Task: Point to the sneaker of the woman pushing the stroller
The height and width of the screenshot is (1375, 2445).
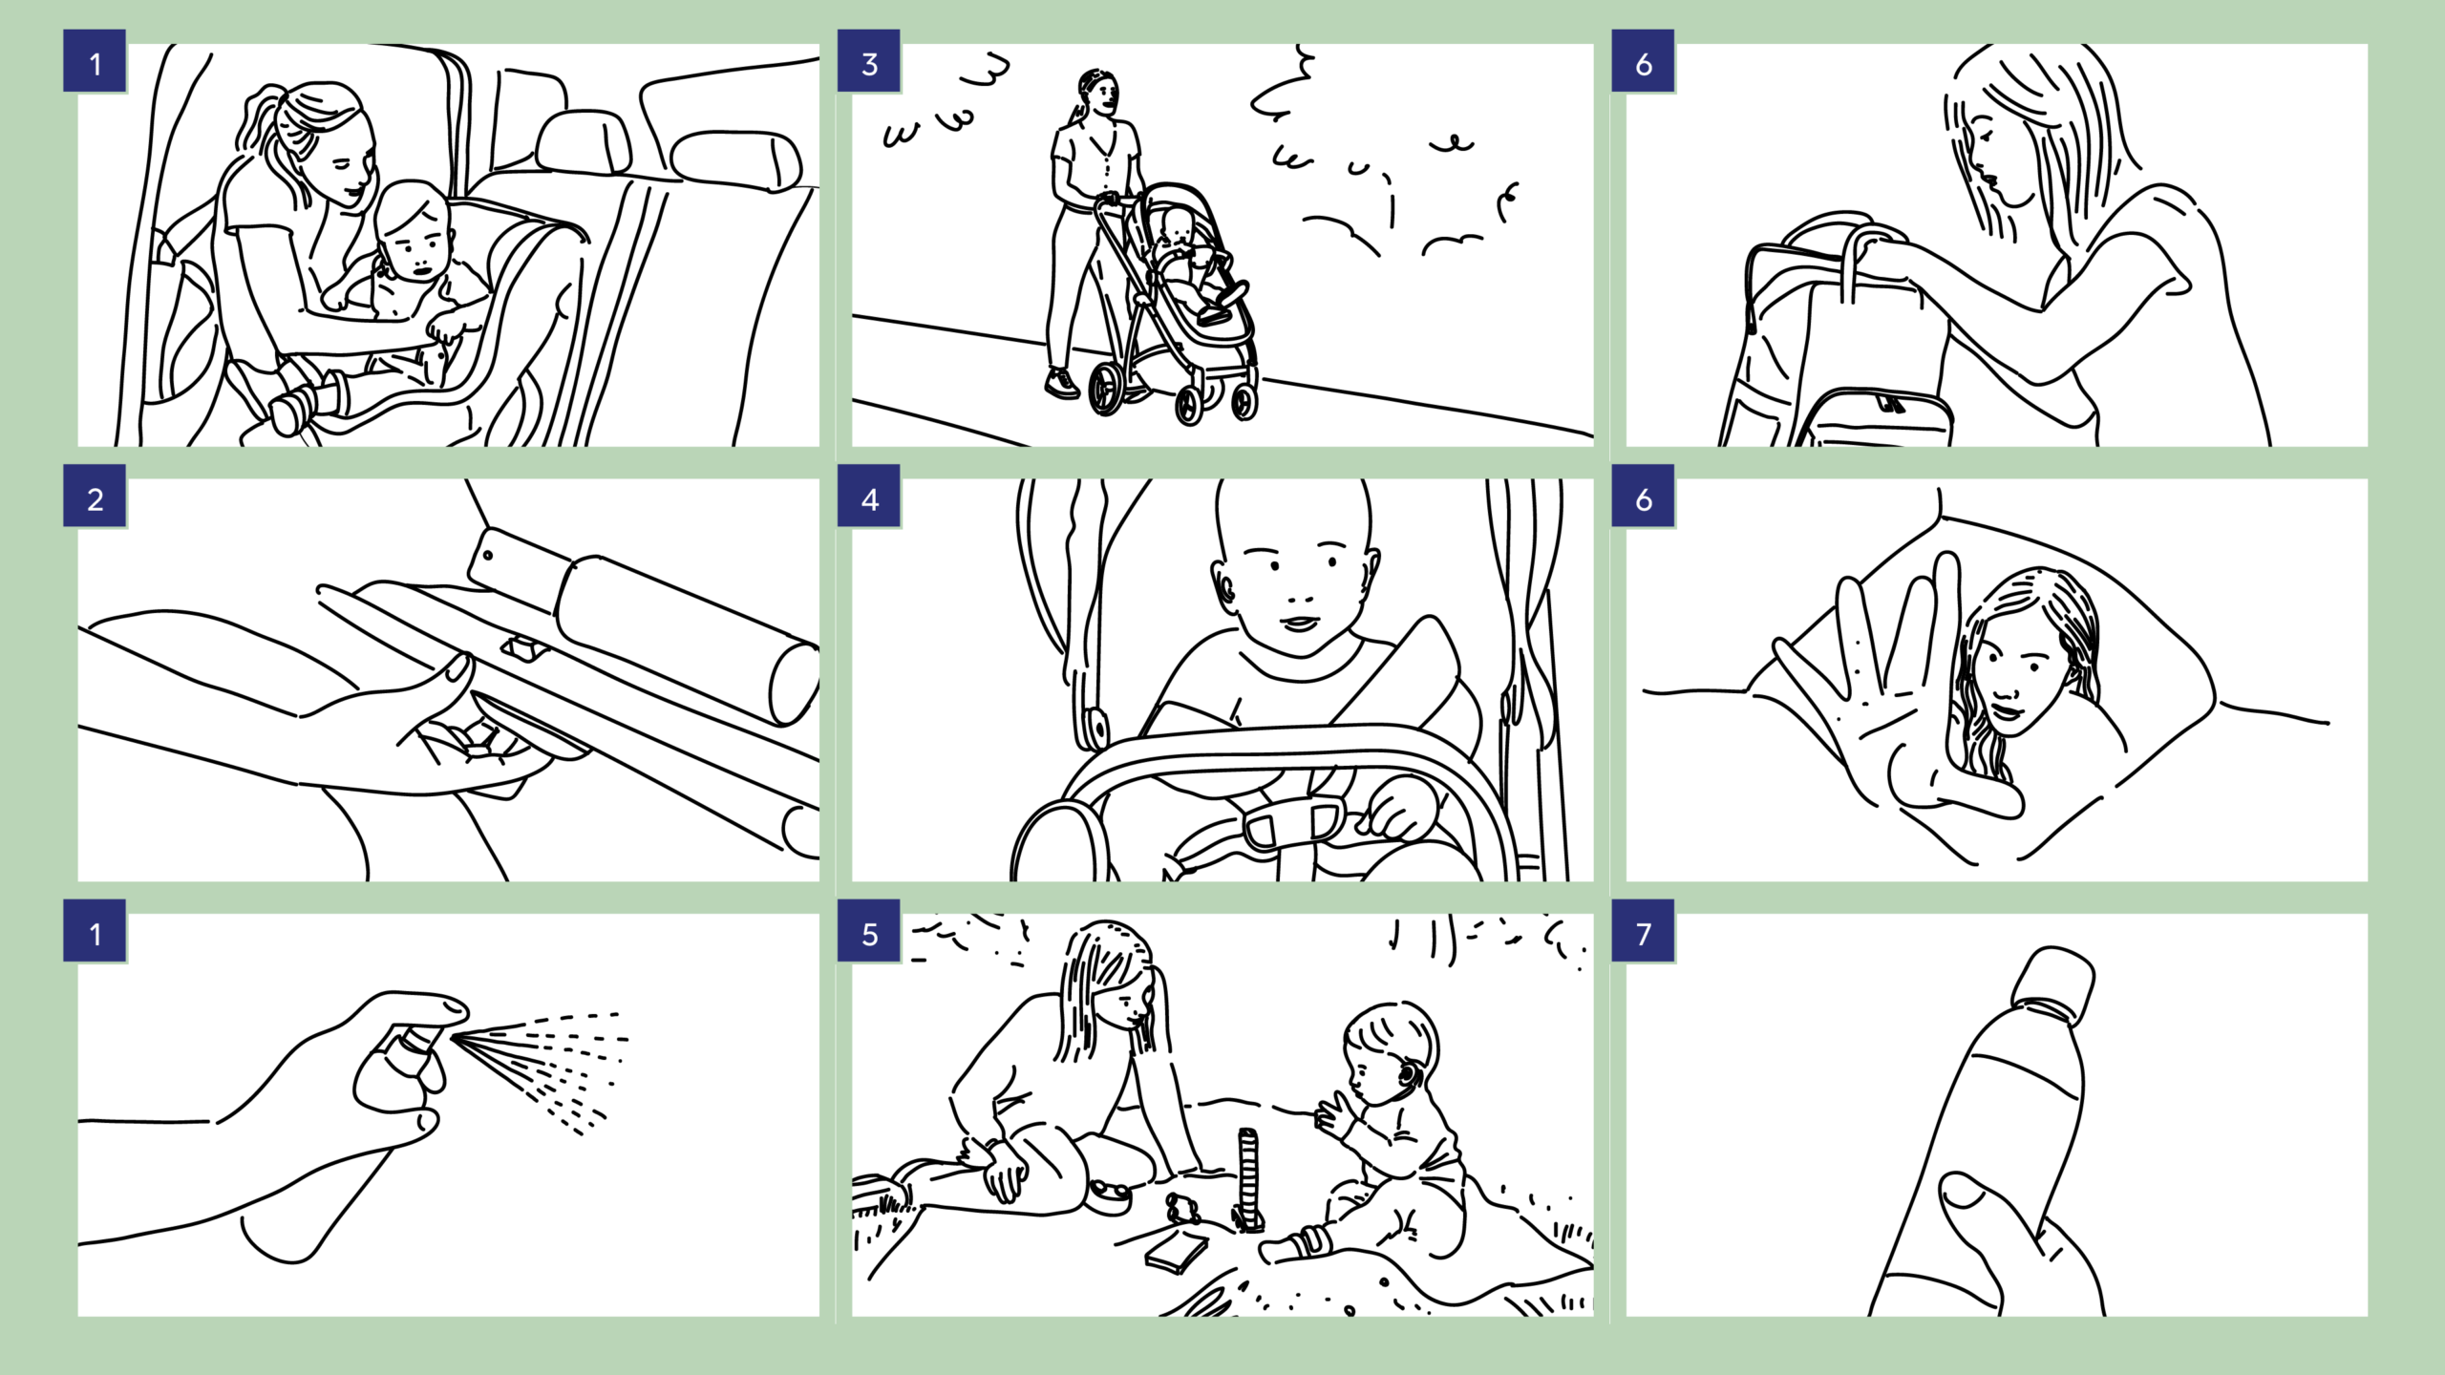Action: coord(1061,384)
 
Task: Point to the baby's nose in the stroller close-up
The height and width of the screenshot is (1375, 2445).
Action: coord(1299,592)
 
